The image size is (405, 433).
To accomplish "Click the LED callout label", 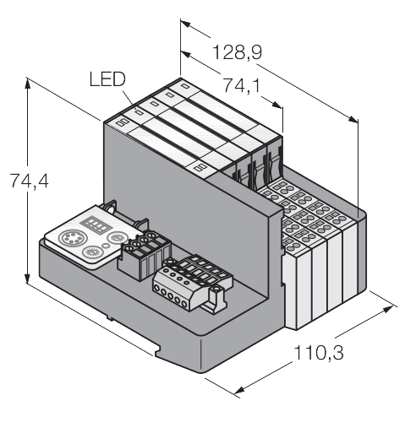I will pos(107,80).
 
